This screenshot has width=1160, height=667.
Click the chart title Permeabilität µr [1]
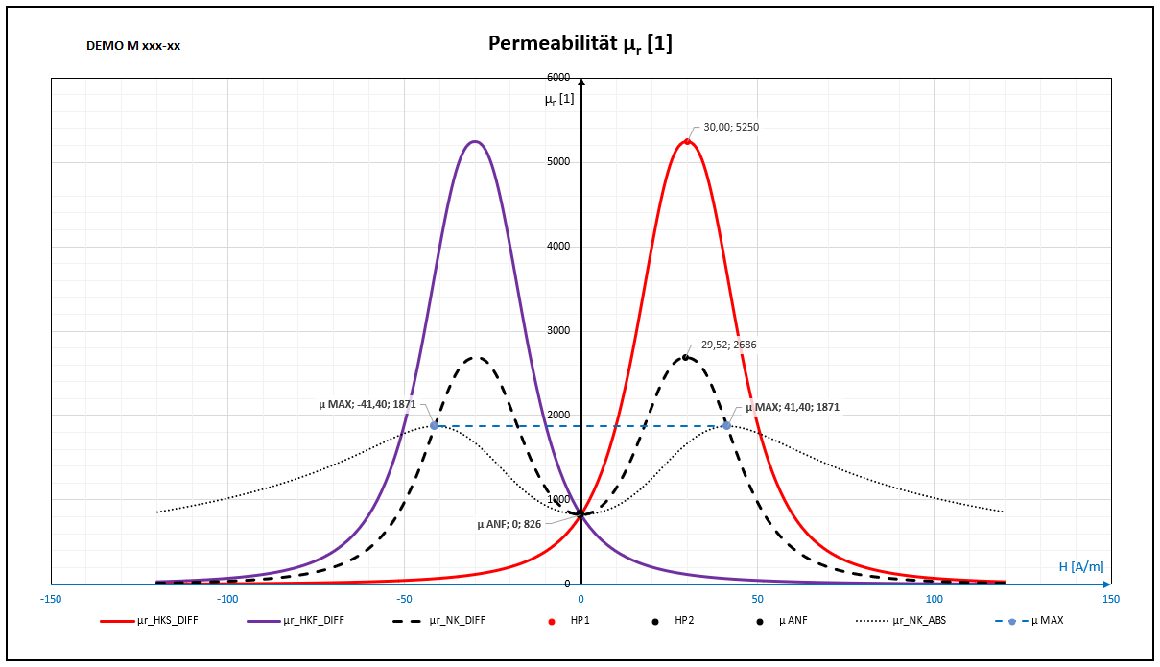click(580, 43)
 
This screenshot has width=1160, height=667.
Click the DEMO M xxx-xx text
click(133, 45)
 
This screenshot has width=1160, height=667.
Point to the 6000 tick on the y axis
click(557, 77)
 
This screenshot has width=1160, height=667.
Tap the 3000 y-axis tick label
click(557, 331)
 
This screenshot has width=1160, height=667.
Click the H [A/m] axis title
click(1081, 567)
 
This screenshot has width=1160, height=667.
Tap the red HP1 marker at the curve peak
click(687, 141)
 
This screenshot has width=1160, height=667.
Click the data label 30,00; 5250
click(731, 127)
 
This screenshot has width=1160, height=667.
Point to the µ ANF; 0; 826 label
click(509, 524)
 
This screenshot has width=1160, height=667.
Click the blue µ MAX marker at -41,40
click(435, 425)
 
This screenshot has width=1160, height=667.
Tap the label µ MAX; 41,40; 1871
click(792, 407)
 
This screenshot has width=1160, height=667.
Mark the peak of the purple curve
click(474, 141)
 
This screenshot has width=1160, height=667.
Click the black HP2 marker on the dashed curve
click(685, 357)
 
